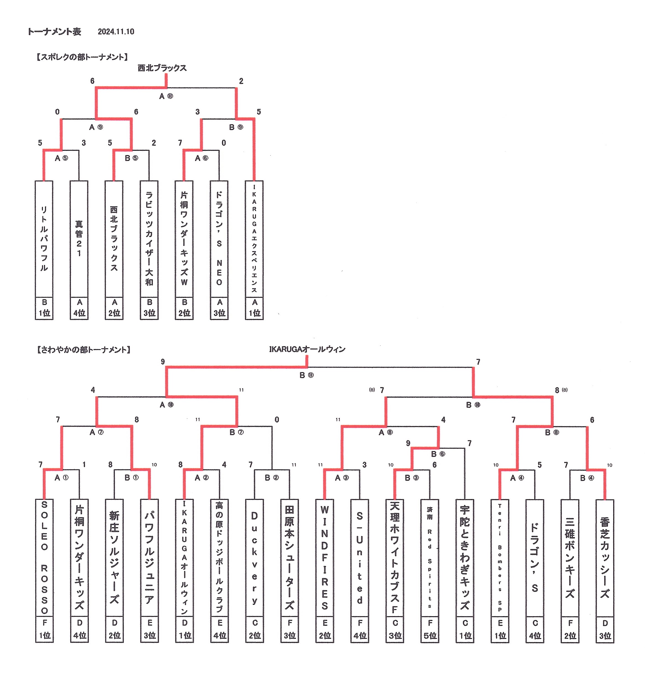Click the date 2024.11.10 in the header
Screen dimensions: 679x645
(116, 32)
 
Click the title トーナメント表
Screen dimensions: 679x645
(54, 32)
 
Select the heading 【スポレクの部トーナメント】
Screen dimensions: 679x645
(82, 57)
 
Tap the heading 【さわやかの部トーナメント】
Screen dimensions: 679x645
(84, 350)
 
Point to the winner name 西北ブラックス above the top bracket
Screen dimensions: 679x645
(162, 68)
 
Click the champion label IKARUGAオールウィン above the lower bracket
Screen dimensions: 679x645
(307, 349)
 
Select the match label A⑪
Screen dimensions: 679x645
(166, 96)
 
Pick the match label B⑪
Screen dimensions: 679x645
(306, 375)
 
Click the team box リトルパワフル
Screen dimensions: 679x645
(44, 239)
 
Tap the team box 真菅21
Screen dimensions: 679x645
(79, 239)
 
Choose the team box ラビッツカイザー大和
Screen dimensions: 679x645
(149, 239)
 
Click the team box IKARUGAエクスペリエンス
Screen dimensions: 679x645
(254, 239)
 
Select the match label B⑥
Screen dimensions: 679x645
(438, 454)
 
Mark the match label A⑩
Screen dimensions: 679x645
(166, 405)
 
